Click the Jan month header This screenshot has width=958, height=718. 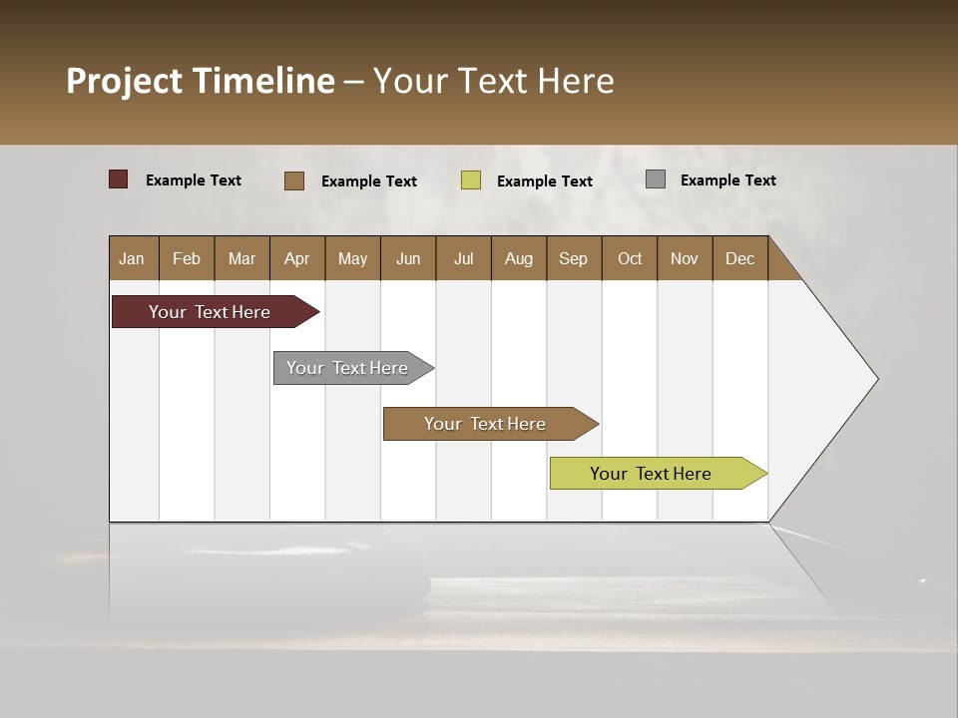click(x=133, y=258)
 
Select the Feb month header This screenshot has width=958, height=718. click(x=187, y=258)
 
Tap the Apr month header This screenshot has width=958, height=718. click(x=297, y=258)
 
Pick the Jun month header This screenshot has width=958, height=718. click(x=408, y=258)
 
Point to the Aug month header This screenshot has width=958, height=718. click(x=519, y=258)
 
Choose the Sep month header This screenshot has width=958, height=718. click(x=574, y=258)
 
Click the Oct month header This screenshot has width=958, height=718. click(x=630, y=258)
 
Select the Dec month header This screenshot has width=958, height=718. click(x=740, y=258)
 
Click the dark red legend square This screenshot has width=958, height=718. click(x=119, y=179)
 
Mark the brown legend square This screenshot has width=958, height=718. click(x=294, y=180)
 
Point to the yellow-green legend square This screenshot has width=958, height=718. click(x=471, y=180)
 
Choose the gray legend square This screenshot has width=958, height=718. click(x=656, y=179)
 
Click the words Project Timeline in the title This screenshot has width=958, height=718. click(x=201, y=81)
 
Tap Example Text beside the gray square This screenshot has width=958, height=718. click(x=727, y=179)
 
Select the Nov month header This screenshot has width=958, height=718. click(x=685, y=258)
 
